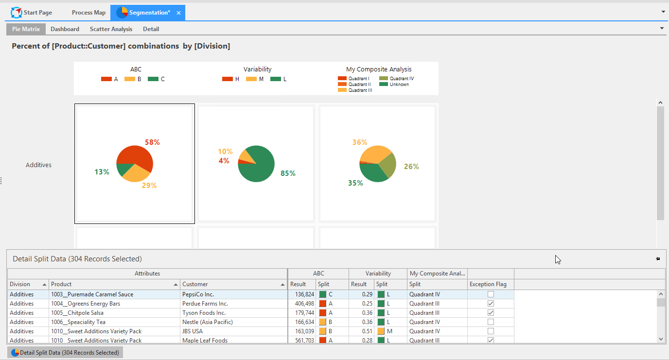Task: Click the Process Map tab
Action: point(88,13)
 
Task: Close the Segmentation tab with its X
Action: point(178,13)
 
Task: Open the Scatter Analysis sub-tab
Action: point(111,29)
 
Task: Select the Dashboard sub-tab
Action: point(65,29)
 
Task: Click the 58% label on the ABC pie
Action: point(152,142)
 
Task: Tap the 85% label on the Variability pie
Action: point(288,173)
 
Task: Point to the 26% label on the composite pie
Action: point(411,167)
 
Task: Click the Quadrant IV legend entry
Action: point(397,79)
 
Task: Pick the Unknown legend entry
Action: point(394,85)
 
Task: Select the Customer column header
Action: point(195,284)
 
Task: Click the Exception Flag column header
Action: point(488,284)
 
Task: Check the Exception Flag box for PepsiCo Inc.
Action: point(491,294)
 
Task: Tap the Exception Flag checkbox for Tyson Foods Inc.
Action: point(491,313)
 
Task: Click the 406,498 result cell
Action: point(305,304)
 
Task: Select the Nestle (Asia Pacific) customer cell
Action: point(208,322)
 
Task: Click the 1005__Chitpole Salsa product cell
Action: point(77,313)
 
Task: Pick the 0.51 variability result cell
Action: point(367,331)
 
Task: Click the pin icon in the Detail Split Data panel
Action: point(658,259)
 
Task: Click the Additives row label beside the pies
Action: point(38,165)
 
